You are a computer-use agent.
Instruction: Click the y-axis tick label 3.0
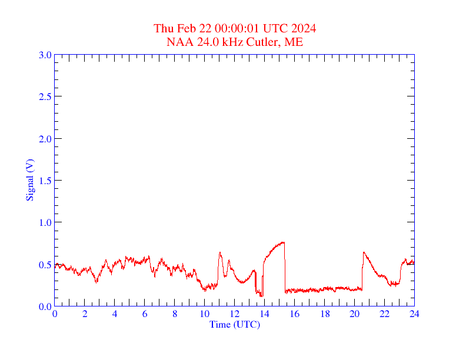[x=45, y=55]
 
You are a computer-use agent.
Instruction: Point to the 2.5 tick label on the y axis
[x=45, y=96]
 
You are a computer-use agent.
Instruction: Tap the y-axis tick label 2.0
[x=45, y=139]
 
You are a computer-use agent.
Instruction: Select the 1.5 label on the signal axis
[x=45, y=181]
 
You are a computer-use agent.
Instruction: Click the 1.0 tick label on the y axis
[x=45, y=222]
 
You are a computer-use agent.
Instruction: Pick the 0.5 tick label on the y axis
[x=45, y=265]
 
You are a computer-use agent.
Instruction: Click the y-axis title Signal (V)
[x=29, y=181]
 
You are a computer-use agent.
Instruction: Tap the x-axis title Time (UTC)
[x=234, y=324]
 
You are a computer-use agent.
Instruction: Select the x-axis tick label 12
[x=234, y=314]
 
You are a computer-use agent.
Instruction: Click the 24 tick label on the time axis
[x=414, y=314]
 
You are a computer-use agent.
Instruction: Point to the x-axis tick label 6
[x=145, y=314]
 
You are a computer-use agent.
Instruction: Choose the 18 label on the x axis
[x=324, y=314]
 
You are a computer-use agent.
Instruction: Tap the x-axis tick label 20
[x=354, y=314]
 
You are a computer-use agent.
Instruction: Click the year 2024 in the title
[x=304, y=29]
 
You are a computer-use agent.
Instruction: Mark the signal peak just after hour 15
[x=283, y=242]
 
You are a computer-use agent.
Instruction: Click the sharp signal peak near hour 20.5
[x=364, y=252]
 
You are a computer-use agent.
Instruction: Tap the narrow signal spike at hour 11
[x=220, y=253]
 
